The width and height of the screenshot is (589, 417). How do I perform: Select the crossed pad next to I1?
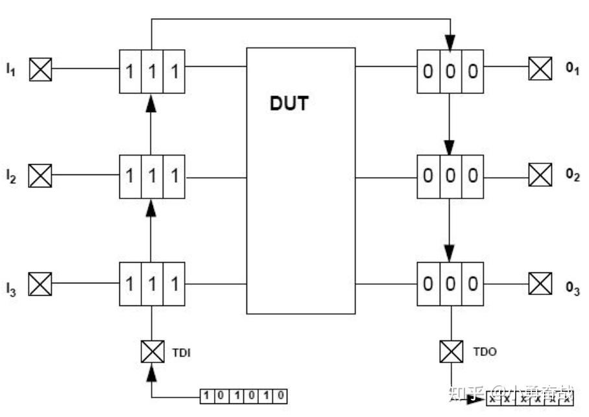41,68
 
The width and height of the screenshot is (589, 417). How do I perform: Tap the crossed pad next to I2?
41,175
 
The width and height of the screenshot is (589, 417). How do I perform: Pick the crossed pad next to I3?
41,283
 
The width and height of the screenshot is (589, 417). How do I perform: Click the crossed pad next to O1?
540,68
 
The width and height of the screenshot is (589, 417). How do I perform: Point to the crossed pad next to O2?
540,175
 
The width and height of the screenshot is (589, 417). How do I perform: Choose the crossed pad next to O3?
540,283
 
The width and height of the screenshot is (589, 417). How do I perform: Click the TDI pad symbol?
152,352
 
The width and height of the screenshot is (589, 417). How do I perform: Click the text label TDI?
181,353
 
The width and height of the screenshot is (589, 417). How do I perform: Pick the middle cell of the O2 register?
450,176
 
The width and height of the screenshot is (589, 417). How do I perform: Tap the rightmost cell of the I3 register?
174,284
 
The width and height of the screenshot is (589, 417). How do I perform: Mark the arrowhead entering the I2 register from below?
152,207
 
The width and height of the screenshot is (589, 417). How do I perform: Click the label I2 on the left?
11,175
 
